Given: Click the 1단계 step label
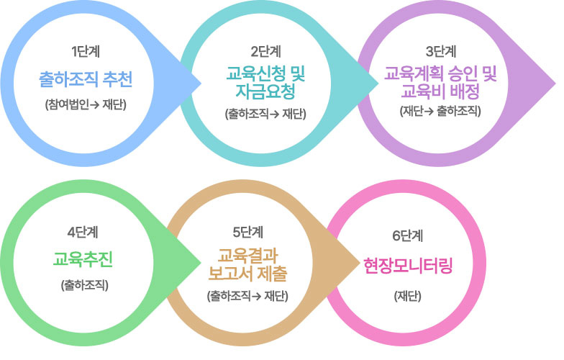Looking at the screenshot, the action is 85,52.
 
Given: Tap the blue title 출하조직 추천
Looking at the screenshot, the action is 86,79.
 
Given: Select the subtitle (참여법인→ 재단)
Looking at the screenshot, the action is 86,105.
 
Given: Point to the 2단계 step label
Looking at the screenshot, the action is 266,52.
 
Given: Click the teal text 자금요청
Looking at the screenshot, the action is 265,91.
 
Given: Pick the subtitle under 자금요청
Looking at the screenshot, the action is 265,114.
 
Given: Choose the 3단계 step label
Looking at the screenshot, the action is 441,52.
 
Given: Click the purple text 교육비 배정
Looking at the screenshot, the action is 440,91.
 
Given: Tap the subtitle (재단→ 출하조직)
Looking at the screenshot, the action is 440,111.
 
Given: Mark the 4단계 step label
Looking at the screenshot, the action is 83,233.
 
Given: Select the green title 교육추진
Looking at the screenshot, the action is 83,259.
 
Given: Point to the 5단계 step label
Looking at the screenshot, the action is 248,233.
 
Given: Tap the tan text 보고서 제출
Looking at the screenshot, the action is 247,274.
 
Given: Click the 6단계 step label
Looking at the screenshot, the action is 407,236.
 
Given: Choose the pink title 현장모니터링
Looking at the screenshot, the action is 408,266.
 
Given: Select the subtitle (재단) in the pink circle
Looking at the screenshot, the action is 407,297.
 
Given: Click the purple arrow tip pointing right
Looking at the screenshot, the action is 555,84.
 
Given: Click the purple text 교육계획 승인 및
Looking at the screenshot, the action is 440,75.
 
